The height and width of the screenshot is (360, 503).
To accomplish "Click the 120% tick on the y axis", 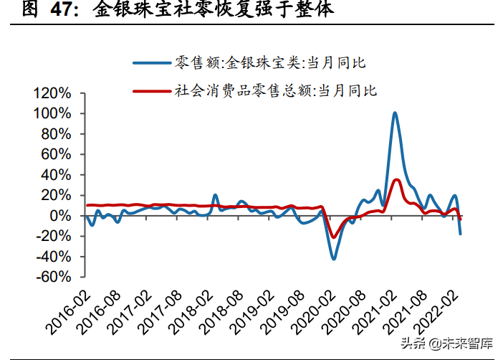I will click(52, 93).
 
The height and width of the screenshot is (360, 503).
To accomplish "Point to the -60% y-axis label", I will click(52, 277).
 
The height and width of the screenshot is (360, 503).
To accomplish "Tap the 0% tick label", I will click(60, 216).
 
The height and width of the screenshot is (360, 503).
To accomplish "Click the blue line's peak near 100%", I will click(395, 113).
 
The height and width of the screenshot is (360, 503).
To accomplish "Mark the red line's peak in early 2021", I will click(396, 180).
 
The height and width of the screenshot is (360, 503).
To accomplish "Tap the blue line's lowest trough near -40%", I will click(334, 258).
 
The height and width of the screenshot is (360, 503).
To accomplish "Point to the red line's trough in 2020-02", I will click(333, 237).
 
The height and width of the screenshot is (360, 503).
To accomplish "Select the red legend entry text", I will click(276, 91).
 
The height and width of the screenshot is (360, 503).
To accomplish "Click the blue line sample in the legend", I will click(152, 63).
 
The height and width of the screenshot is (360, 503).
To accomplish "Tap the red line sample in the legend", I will click(152, 91).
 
